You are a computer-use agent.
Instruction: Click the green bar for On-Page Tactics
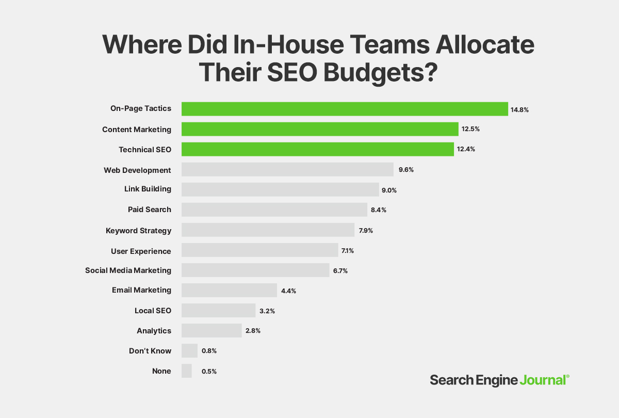(345, 109)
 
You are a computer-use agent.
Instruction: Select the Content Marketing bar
(320, 129)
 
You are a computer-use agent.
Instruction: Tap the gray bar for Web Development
(288, 170)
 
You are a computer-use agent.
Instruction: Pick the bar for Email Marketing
(229, 291)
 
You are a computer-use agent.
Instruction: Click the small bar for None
(187, 371)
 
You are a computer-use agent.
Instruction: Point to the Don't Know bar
(189, 351)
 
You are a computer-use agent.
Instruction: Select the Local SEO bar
(218, 311)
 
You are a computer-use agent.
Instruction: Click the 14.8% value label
(520, 109)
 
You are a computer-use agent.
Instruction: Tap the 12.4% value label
(466, 150)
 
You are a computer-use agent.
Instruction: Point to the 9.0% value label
(389, 190)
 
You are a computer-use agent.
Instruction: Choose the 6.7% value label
(340, 270)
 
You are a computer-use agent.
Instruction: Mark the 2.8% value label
(253, 331)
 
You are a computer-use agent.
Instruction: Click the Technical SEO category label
(145, 150)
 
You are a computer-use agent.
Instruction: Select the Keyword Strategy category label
(138, 231)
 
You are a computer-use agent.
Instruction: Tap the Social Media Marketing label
(128, 270)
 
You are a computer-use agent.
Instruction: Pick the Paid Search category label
(150, 210)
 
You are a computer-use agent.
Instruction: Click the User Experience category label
(141, 251)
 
